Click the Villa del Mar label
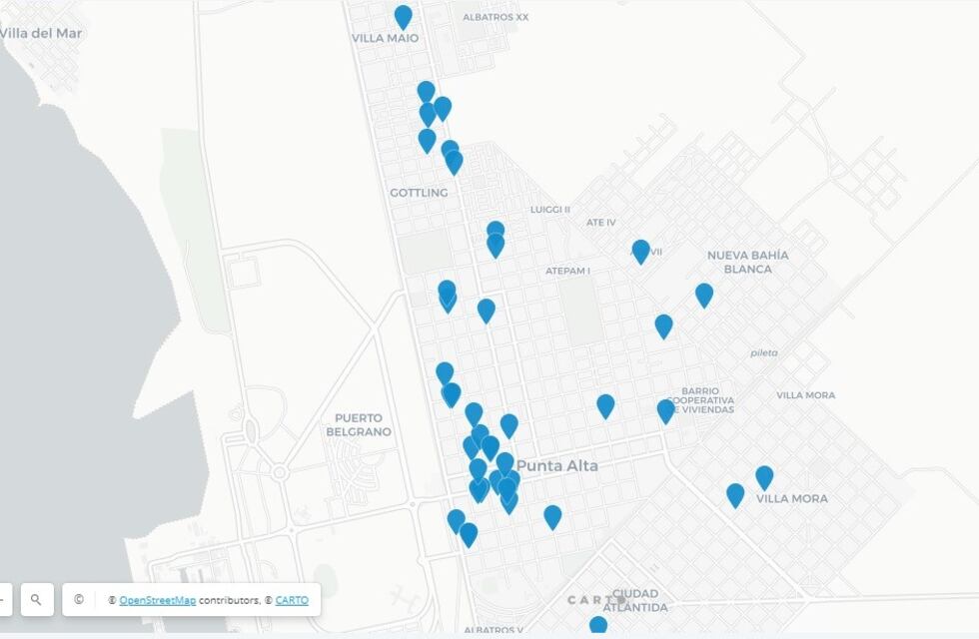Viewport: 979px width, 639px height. (x=40, y=33)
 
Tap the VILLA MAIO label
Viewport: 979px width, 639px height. (x=385, y=39)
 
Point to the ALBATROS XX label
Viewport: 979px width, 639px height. (x=495, y=17)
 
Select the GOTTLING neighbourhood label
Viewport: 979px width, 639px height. (x=419, y=193)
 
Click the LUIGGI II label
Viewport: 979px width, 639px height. (x=549, y=210)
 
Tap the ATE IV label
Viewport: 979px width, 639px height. (x=601, y=223)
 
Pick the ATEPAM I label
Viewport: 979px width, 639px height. (x=567, y=271)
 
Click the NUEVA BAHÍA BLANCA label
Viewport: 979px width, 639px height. (x=748, y=262)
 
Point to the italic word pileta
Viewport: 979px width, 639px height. (x=764, y=353)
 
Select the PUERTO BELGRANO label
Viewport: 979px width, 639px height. (x=359, y=424)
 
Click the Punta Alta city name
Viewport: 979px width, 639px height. (x=557, y=466)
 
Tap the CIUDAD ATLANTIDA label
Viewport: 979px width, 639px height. (x=635, y=600)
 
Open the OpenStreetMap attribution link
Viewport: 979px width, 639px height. (x=158, y=600)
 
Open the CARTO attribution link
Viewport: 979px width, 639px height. (x=292, y=600)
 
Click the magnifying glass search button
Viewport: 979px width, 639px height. (x=36, y=600)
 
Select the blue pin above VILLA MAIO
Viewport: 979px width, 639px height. (x=403, y=16)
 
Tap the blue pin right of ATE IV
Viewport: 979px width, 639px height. (x=640, y=251)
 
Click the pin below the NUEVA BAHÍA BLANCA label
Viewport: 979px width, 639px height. (x=704, y=295)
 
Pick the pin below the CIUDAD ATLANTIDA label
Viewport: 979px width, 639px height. (x=597, y=627)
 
